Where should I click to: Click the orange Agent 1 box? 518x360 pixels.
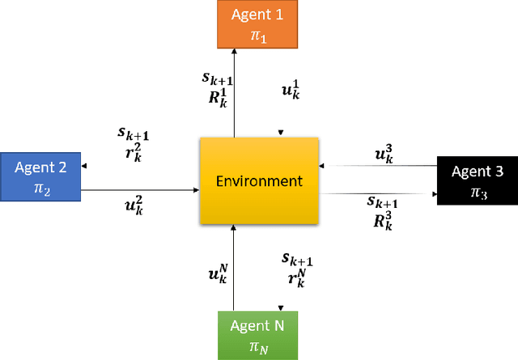(257, 23)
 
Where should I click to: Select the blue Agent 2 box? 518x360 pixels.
(40, 176)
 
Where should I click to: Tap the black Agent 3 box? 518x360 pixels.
(477, 180)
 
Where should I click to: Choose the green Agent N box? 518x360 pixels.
(257, 334)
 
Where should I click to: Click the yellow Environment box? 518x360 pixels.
(258, 180)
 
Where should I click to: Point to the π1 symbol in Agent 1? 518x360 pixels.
(257, 32)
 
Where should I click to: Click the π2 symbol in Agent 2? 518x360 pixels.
(40, 187)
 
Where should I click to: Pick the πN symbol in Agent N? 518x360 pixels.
(257, 345)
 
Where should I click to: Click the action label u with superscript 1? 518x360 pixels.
(290, 91)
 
